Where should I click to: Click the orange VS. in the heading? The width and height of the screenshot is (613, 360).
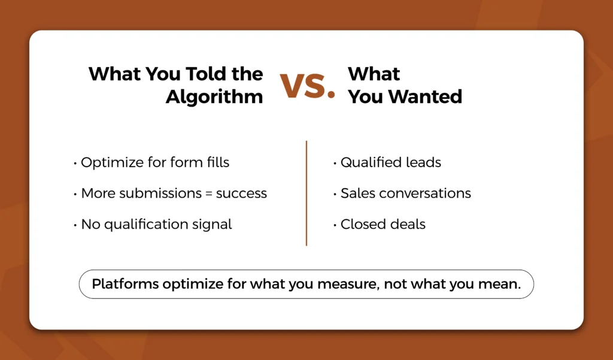(x=307, y=86)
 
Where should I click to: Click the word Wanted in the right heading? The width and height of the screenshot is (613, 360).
(x=429, y=96)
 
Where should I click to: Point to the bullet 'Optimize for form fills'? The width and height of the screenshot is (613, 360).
(x=151, y=162)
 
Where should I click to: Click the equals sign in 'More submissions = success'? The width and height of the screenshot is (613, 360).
(x=208, y=193)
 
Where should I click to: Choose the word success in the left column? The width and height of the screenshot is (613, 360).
(x=241, y=193)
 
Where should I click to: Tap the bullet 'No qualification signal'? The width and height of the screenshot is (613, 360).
(x=153, y=224)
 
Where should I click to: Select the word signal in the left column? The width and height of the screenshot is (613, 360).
(x=212, y=225)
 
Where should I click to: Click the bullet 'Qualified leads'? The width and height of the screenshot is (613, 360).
(x=387, y=162)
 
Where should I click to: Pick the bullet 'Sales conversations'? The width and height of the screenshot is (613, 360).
(x=402, y=193)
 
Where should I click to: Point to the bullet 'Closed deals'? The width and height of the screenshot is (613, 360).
(x=379, y=224)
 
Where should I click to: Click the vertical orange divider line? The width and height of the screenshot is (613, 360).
(x=306, y=193)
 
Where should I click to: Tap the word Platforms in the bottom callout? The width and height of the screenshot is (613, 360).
(x=126, y=284)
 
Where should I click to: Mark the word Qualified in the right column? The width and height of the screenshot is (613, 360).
(x=366, y=162)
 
